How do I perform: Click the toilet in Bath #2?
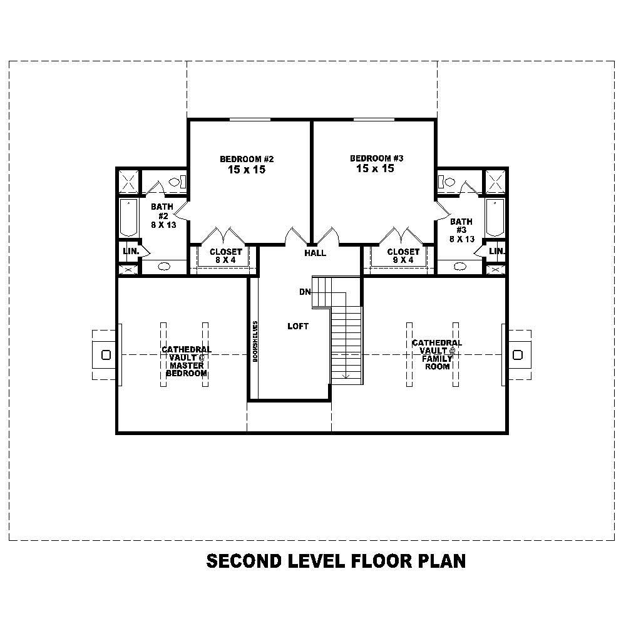[176, 182]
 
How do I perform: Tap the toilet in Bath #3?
[448, 182]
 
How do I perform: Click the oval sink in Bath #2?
[164, 266]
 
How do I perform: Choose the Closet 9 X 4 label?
[403, 256]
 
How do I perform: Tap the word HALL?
[315, 253]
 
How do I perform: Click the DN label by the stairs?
[305, 292]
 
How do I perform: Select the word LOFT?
[298, 326]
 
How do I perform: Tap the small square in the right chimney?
[517, 355]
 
